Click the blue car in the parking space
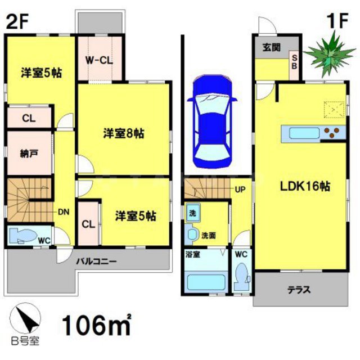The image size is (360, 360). (211, 121)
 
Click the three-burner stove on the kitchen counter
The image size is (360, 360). (334, 133)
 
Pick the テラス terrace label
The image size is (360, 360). (299, 290)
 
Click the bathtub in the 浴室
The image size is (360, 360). (205, 280)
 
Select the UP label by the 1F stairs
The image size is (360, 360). (239, 190)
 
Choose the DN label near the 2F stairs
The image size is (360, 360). (64, 213)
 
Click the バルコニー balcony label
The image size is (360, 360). (97, 262)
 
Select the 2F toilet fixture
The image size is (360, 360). (26, 235)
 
